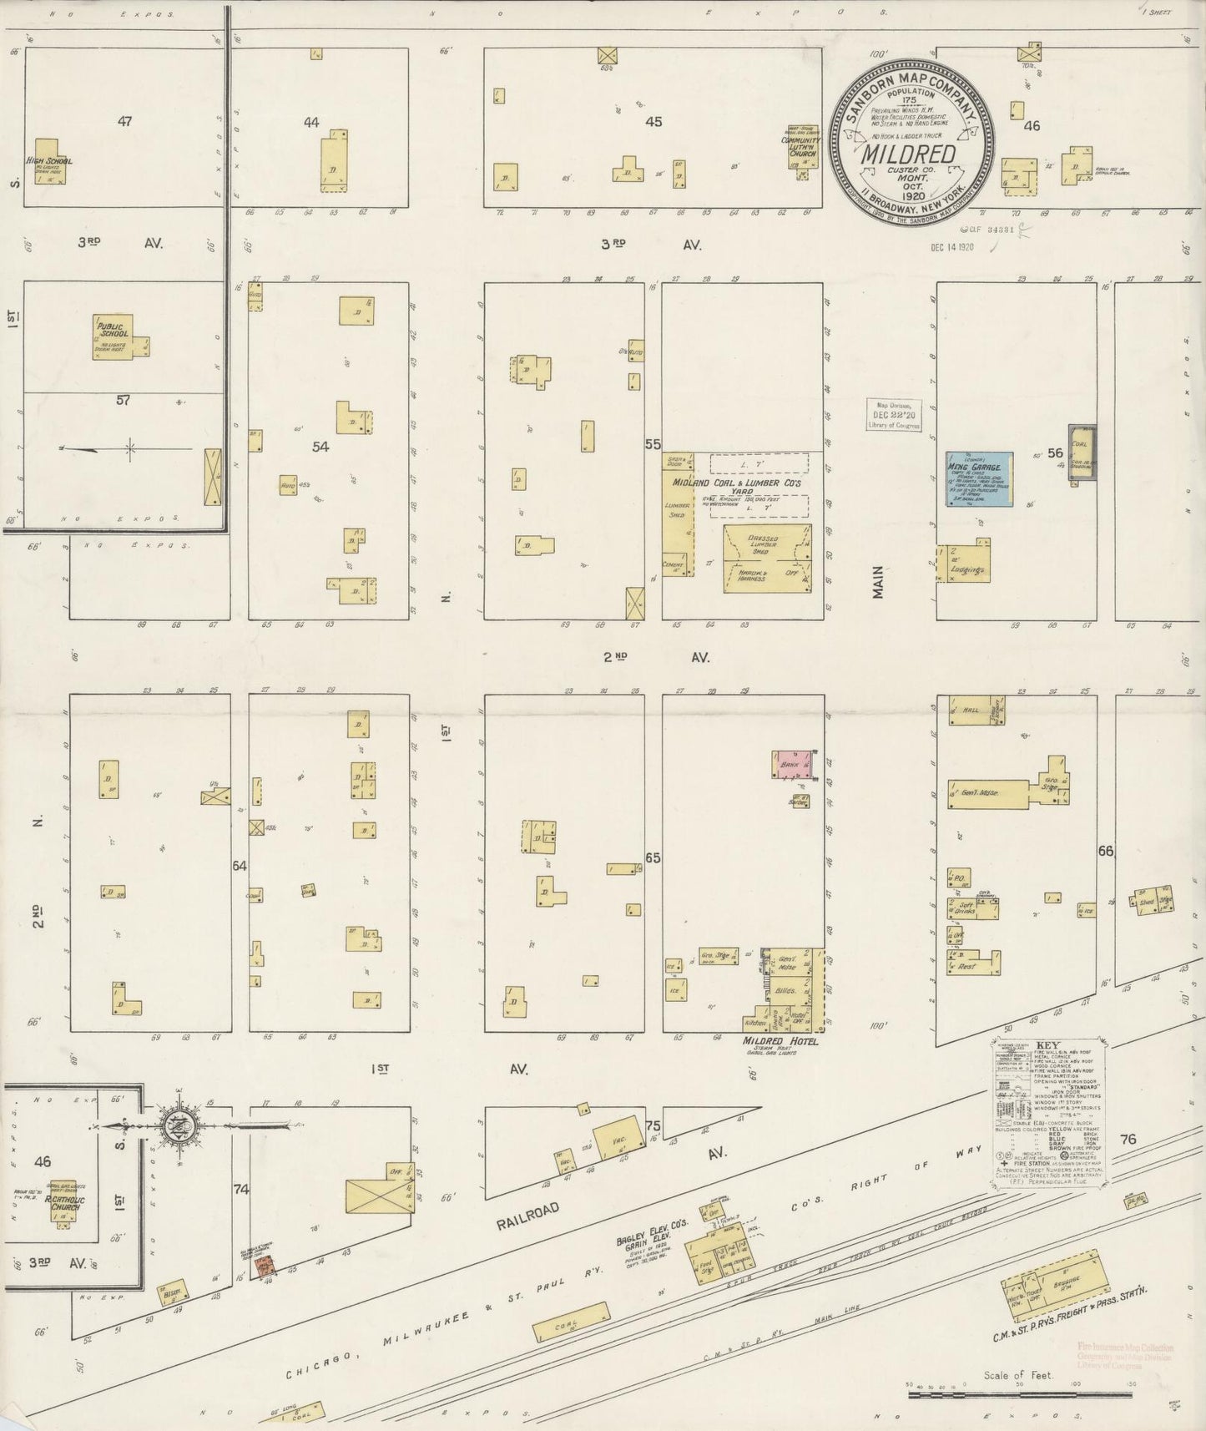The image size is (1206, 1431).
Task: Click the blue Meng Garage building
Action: [x=978, y=478]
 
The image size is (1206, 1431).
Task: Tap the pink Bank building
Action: [x=793, y=765]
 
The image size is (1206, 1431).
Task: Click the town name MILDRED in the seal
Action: [x=909, y=154]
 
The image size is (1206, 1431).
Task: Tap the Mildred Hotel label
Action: [x=780, y=1042]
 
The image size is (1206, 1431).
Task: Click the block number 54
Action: [x=320, y=447]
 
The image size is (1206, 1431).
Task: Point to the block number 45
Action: [x=653, y=122]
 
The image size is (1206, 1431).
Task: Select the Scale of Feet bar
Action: [x=1018, y=1392]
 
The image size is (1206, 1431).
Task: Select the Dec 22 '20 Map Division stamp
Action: [x=893, y=414]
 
